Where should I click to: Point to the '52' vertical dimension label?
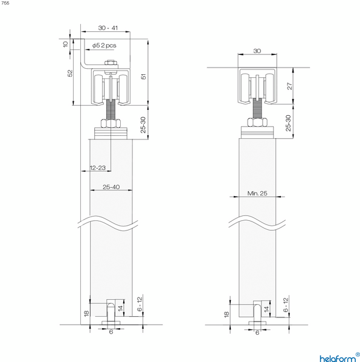point(70,72)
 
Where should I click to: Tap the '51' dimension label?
point(143,76)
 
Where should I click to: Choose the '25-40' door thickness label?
point(111,187)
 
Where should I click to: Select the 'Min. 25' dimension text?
point(257,193)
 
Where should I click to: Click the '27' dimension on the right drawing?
point(289,87)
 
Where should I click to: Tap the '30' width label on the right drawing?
point(257,51)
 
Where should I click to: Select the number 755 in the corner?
point(5,3)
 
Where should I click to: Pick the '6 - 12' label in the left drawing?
point(140,304)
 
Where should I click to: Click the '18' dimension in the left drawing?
point(86,313)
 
